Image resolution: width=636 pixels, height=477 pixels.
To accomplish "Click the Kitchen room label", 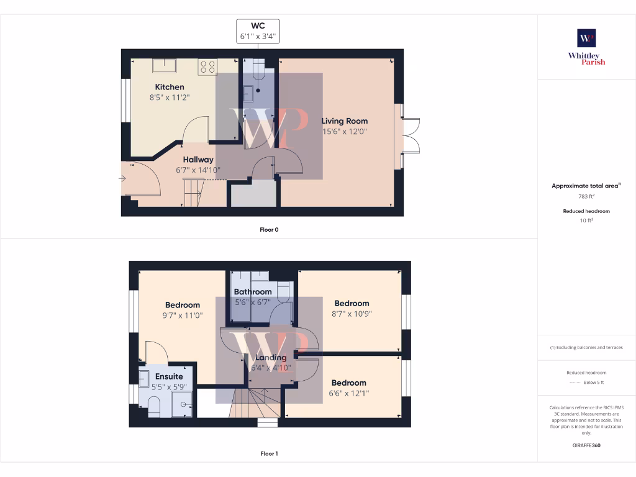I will [x=170, y=87].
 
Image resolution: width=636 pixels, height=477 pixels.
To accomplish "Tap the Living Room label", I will [x=344, y=121].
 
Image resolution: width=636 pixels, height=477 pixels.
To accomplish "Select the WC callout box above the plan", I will [x=258, y=31].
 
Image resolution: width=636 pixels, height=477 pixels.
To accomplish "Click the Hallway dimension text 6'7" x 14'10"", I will [x=198, y=170].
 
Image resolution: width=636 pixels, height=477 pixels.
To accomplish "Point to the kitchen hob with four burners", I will [x=207, y=66].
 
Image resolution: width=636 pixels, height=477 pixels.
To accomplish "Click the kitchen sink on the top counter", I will [x=165, y=65].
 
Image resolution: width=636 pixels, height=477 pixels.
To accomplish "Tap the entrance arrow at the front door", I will [x=122, y=179].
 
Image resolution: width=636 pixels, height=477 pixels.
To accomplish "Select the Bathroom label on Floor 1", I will [x=253, y=292].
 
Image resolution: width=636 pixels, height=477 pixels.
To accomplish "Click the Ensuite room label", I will [x=169, y=376].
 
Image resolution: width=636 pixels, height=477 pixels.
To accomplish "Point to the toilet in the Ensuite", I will [x=155, y=406].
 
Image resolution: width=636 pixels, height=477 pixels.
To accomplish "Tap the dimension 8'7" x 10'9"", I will [x=352, y=314].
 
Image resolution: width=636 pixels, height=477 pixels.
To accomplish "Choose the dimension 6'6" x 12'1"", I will [x=348, y=393].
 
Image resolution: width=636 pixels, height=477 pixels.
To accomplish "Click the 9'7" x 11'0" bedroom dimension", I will [x=182, y=316].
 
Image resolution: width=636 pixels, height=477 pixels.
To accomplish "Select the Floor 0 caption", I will [x=269, y=230].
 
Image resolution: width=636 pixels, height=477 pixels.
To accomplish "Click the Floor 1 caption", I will [x=269, y=454].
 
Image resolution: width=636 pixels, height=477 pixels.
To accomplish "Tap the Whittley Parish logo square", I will [x=586, y=38].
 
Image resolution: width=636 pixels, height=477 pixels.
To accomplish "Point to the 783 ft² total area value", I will [x=586, y=196].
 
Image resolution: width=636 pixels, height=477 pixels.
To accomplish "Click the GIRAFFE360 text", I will [x=586, y=445].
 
